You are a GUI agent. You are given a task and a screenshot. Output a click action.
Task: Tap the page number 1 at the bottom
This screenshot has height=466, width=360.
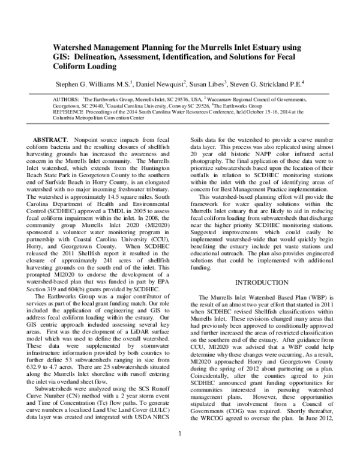pyautogui.click(x=180, y=447)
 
